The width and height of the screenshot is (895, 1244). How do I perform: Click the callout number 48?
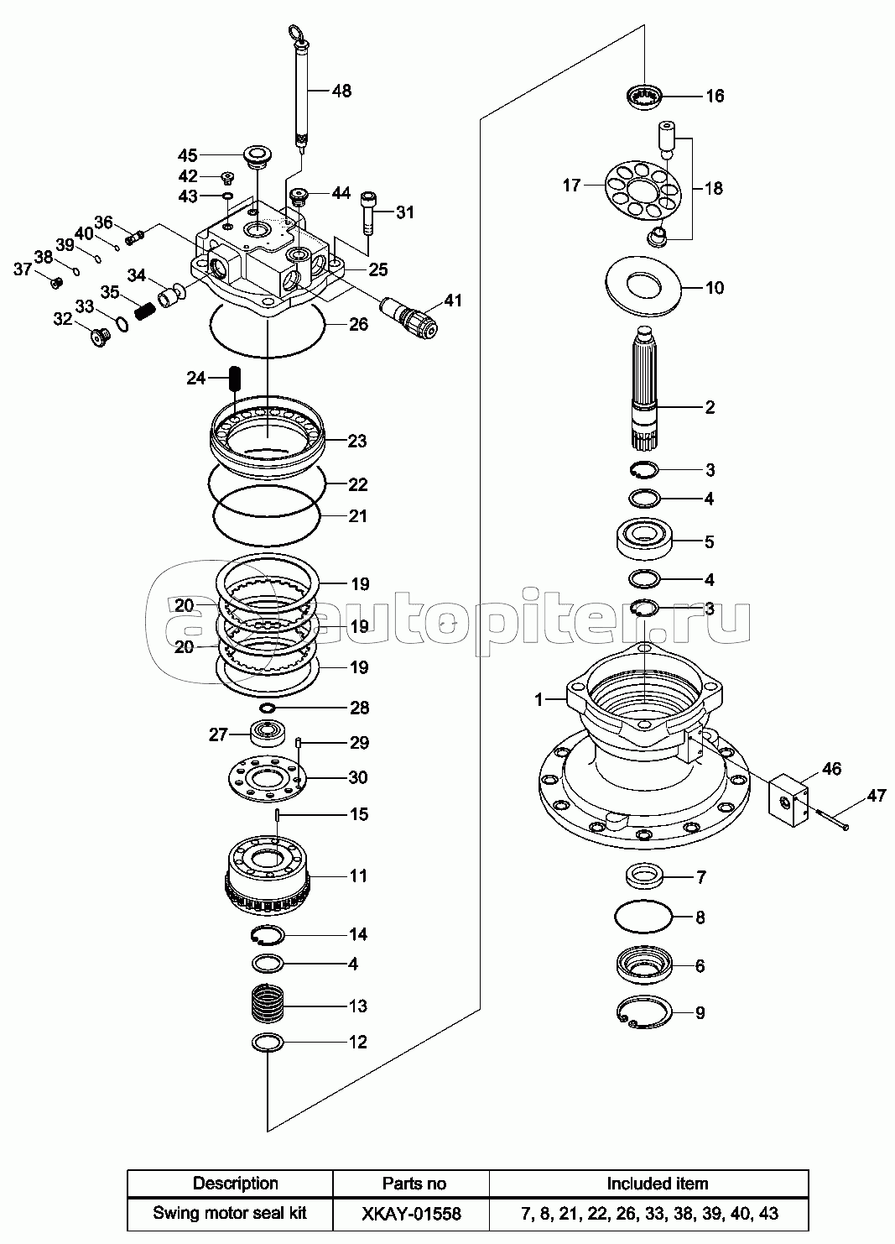[x=341, y=91]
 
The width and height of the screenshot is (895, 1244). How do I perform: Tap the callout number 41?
[x=453, y=301]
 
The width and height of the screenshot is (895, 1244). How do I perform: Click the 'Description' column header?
[x=236, y=1184]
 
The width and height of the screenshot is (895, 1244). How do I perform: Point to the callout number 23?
[x=356, y=442]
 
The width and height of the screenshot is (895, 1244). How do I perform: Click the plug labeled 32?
[x=101, y=337]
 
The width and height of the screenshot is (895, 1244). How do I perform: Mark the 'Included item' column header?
[x=657, y=1184]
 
